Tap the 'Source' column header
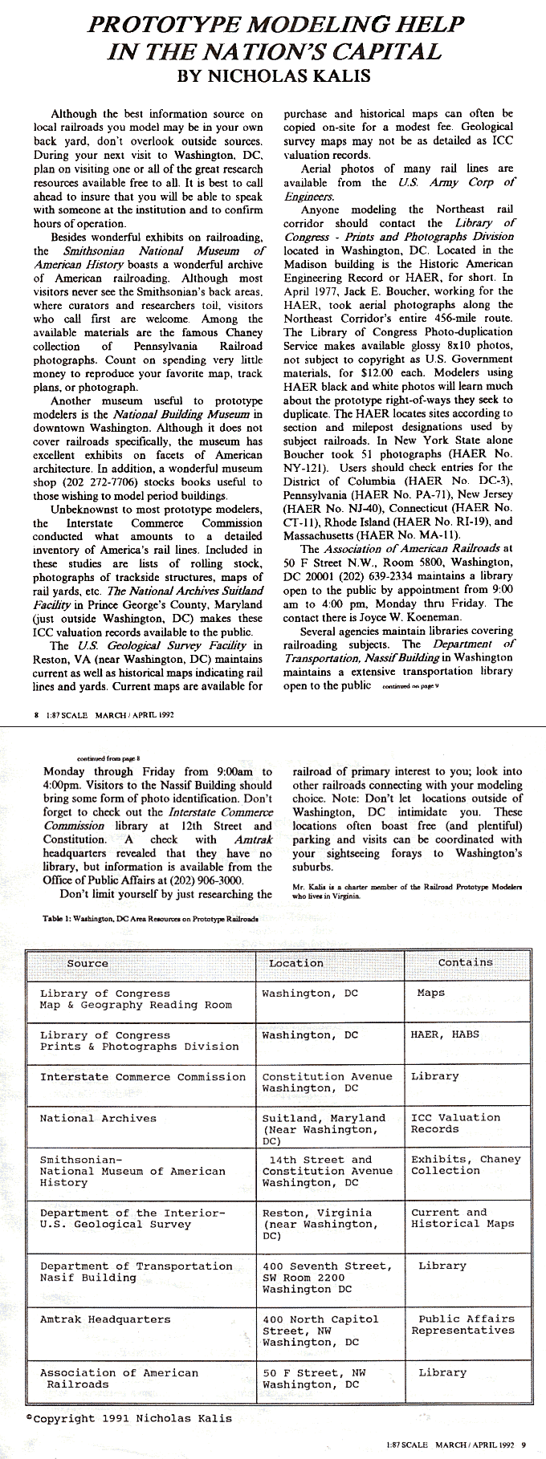[88, 963]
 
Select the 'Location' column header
[295, 963]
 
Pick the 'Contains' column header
[466, 962]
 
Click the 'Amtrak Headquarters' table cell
[105, 1319]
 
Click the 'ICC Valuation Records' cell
[454, 1123]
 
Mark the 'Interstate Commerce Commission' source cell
[143, 1077]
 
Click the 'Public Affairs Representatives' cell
[462, 1324]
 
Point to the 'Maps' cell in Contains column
[431, 993]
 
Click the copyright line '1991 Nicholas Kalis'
[128, 1418]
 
